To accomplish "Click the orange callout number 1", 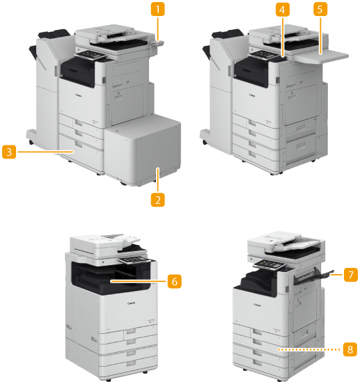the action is (x=157, y=9).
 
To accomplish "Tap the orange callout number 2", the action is (x=157, y=200).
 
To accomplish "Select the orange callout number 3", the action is (x=9, y=152).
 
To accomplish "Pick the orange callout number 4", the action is (x=283, y=10).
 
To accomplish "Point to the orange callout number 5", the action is (x=320, y=9).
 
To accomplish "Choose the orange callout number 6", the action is (x=175, y=281).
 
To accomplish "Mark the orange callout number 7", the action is (x=351, y=275).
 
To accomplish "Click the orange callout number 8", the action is (x=350, y=349).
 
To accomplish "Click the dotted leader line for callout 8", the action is (x=309, y=349).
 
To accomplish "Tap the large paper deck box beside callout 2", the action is (x=143, y=150).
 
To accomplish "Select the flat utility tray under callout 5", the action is (x=322, y=56).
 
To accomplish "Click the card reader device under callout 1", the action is (x=157, y=44).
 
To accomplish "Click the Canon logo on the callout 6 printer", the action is (x=131, y=303).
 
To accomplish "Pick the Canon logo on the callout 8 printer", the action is (x=257, y=305).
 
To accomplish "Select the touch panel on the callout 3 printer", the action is (x=91, y=55).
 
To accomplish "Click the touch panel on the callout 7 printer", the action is (x=269, y=264).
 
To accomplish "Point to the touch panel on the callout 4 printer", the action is (x=263, y=54).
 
